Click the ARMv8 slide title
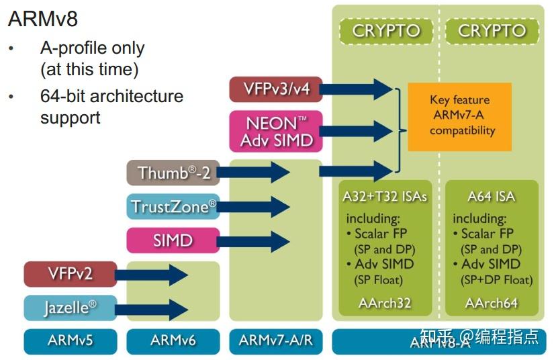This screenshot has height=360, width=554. (x=42, y=19)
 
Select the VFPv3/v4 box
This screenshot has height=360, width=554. (x=275, y=89)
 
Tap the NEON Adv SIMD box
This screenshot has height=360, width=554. (x=275, y=132)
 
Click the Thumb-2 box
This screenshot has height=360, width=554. (x=173, y=173)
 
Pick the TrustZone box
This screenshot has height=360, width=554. (x=173, y=207)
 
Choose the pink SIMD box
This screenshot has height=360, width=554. (x=173, y=240)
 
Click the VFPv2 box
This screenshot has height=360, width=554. (x=70, y=274)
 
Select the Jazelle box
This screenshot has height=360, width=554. (x=70, y=308)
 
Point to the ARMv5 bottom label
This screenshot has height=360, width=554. (x=70, y=341)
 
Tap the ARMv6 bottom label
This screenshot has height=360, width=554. (x=173, y=341)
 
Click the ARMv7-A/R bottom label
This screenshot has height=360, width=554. (x=275, y=341)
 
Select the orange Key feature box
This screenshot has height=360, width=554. (x=460, y=116)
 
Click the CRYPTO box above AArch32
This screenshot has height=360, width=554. (x=385, y=31)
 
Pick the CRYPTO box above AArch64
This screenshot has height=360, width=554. (x=492, y=31)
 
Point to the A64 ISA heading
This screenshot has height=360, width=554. (x=492, y=197)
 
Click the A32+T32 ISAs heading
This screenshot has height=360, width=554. (x=385, y=197)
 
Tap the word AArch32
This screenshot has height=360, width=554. (x=385, y=303)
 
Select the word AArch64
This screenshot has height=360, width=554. (x=492, y=303)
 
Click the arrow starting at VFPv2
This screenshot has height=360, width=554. (x=152, y=274)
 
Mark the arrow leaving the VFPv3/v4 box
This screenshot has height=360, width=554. (x=357, y=89)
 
